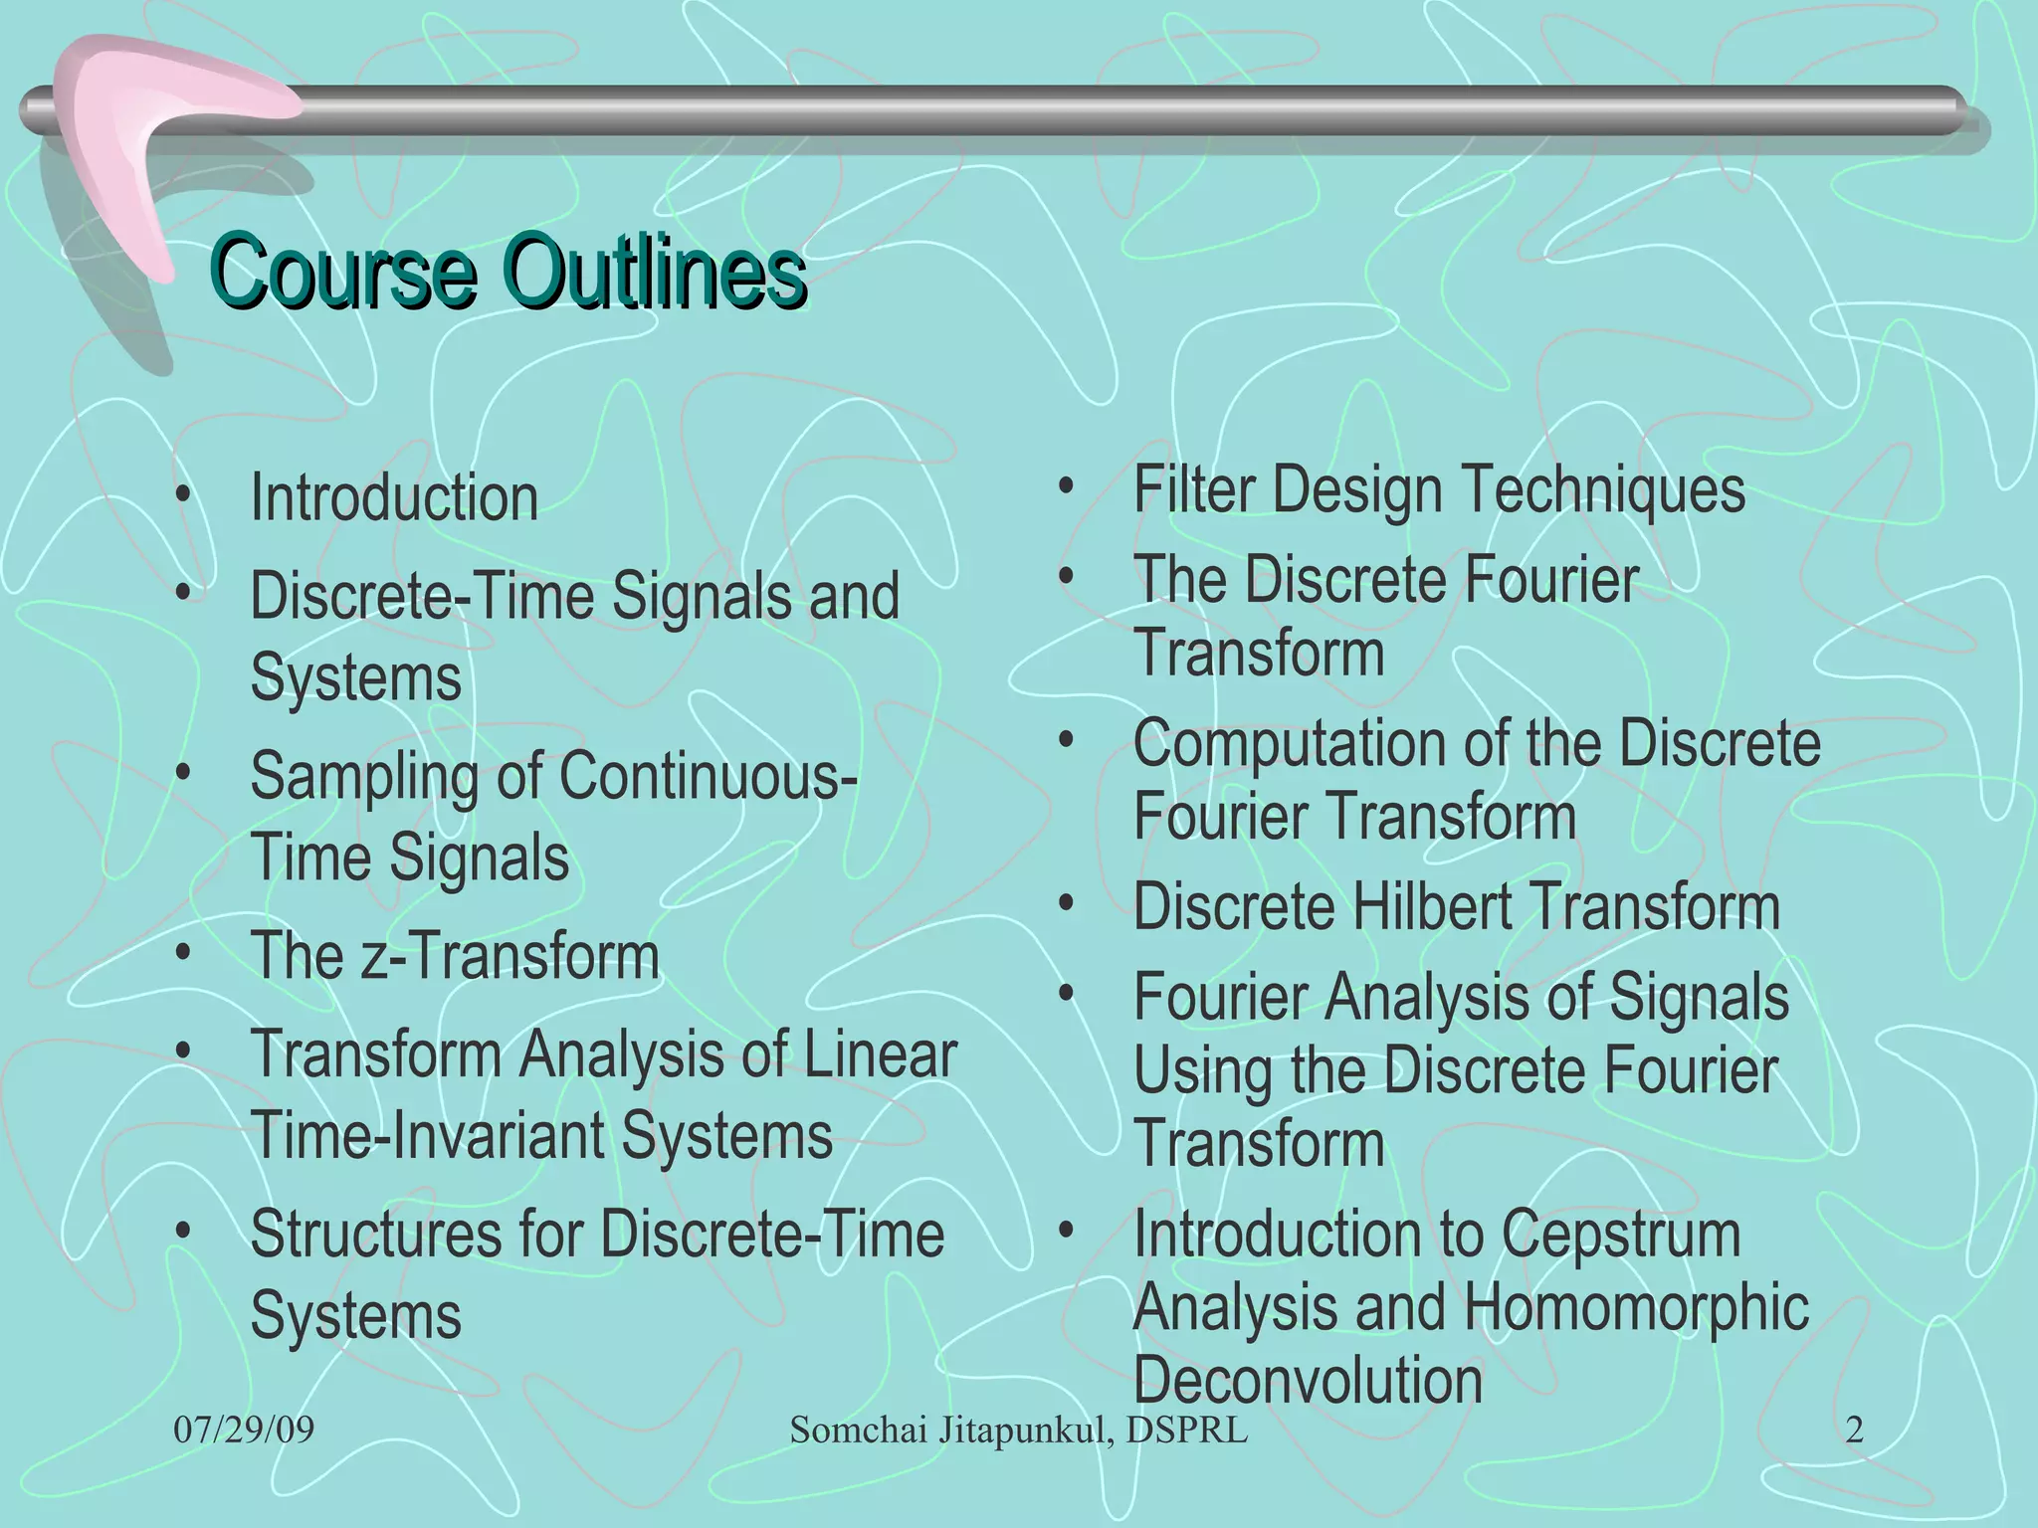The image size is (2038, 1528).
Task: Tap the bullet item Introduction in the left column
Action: (394, 497)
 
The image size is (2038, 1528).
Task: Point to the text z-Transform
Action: (509, 956)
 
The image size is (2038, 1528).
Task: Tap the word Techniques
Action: (1604, 489)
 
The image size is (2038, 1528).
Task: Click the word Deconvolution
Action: (1308, 1381)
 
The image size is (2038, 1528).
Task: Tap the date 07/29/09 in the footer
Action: (244, 1431)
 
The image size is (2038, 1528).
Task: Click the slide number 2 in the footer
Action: (1854, 1431)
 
